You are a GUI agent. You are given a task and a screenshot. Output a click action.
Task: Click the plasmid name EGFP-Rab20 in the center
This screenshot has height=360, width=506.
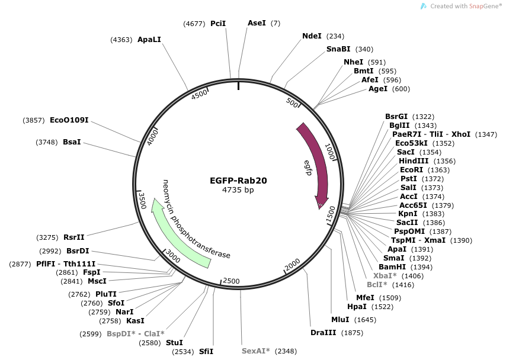(x=238, y=181)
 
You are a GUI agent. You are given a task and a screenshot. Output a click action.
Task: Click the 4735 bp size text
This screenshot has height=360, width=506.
(x=238, y=189)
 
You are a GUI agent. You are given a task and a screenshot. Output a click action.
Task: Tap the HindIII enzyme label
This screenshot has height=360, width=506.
(x=414, y=160)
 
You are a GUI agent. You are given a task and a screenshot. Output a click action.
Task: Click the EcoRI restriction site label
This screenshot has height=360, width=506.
(x=411, y=170)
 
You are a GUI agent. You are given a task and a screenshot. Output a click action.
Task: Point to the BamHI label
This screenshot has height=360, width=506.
(x=392, y=267)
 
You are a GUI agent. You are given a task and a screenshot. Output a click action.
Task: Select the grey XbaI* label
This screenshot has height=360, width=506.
(x=385, y=276)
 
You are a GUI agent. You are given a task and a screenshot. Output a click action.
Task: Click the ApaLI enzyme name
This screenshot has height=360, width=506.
(x=149, y=39)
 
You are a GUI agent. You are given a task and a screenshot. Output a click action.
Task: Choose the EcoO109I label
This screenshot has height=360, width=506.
(x=69, y=120)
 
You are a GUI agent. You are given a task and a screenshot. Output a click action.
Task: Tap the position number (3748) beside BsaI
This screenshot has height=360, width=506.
(x=47, y=142)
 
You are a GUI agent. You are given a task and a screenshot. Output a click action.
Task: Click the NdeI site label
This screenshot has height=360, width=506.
(x=312, y=36)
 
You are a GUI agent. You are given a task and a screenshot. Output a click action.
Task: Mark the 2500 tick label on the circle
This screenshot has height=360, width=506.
(x=232, y=281)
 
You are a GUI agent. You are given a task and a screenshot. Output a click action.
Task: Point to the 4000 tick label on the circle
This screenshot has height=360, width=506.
(x=152, y=137)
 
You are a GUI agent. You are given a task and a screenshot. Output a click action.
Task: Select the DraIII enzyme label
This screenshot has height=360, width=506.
(x=324, y=333)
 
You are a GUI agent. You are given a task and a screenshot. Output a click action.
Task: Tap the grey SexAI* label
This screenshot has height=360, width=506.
(x=256, y=351)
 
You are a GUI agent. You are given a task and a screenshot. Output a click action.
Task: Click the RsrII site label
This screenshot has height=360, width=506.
(x=74, y=237)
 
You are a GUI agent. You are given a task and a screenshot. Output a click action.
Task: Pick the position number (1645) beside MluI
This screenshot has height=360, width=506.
(x=366, y=320)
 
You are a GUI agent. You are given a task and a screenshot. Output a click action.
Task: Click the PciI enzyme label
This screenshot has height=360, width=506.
(x=218, y=23)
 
